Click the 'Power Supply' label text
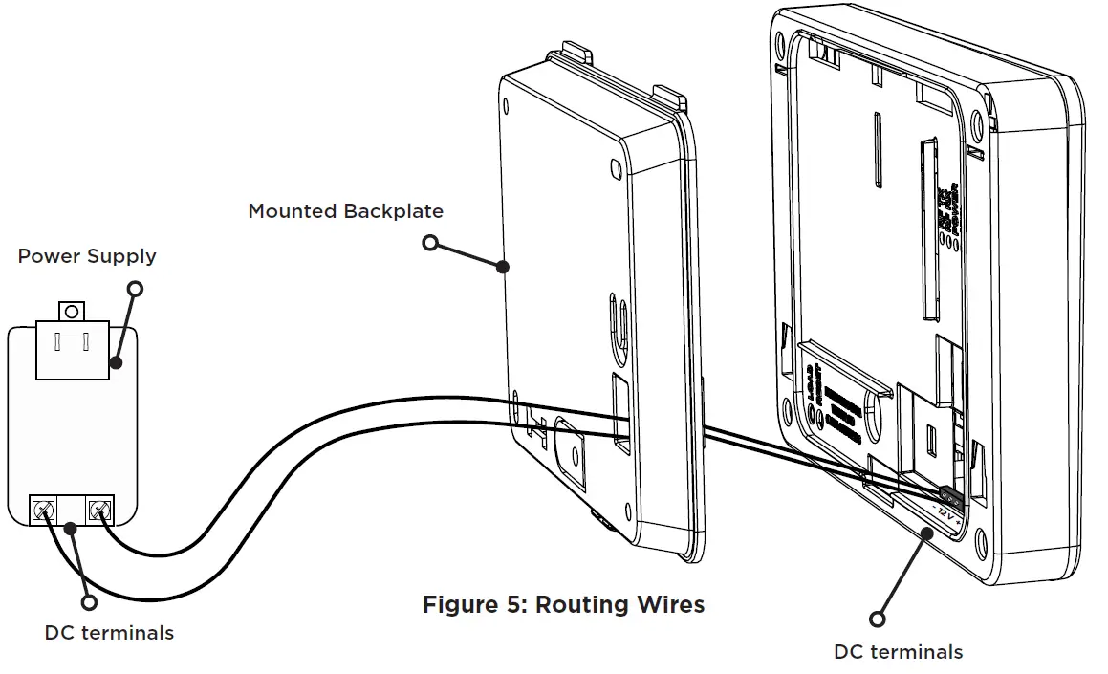coord(87,256)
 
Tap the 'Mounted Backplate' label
coord(345,210)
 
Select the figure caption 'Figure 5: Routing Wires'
coord(563,604)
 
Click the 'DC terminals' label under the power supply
coord(109,633)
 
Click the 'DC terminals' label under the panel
coord(898,652)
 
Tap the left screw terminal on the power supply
coord(44,511)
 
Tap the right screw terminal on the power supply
coord(98,511)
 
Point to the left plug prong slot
coord(59,342)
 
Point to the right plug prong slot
coord(86,342)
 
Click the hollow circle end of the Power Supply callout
coord(136,288)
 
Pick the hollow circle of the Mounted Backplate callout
coord(430,243)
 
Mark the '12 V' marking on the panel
coord(945,514)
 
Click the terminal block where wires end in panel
coord(951,495)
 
